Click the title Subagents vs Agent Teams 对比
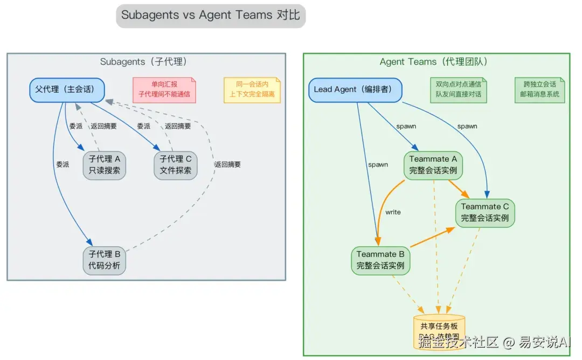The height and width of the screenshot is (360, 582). [x=210, y=15]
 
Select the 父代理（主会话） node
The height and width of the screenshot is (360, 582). [x=66, y=89]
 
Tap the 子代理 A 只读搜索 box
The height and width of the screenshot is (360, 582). [x=105, y=165]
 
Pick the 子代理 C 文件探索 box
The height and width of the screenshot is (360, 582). [x=176, y=165]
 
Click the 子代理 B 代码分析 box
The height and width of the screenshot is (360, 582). [x=104, y=260]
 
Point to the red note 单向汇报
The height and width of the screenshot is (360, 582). [x=164, y=89]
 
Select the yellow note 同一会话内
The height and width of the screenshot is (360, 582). [x=252, y=89]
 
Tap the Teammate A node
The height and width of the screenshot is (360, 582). [x=433, y=164]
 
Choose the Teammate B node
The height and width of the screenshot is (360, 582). [x=380, y=260]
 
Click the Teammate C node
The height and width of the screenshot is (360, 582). [x=485, y=212]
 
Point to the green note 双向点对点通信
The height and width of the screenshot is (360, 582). [x=459, y=89]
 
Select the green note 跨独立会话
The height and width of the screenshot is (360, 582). [x=539, y=89]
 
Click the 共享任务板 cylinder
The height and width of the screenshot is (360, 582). [x=439, y=331]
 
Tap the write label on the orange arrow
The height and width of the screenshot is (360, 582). [x=393, y=212]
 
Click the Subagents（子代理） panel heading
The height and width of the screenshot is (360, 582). [x=147, y=61]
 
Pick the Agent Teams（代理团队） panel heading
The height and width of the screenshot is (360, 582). [x=436, y=61]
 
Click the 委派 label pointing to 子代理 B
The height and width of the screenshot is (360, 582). [x=63, y=164]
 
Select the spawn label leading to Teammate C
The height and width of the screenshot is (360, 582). [x=467, y=126]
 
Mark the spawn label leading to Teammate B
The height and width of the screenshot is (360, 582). [x=378, y=164]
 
